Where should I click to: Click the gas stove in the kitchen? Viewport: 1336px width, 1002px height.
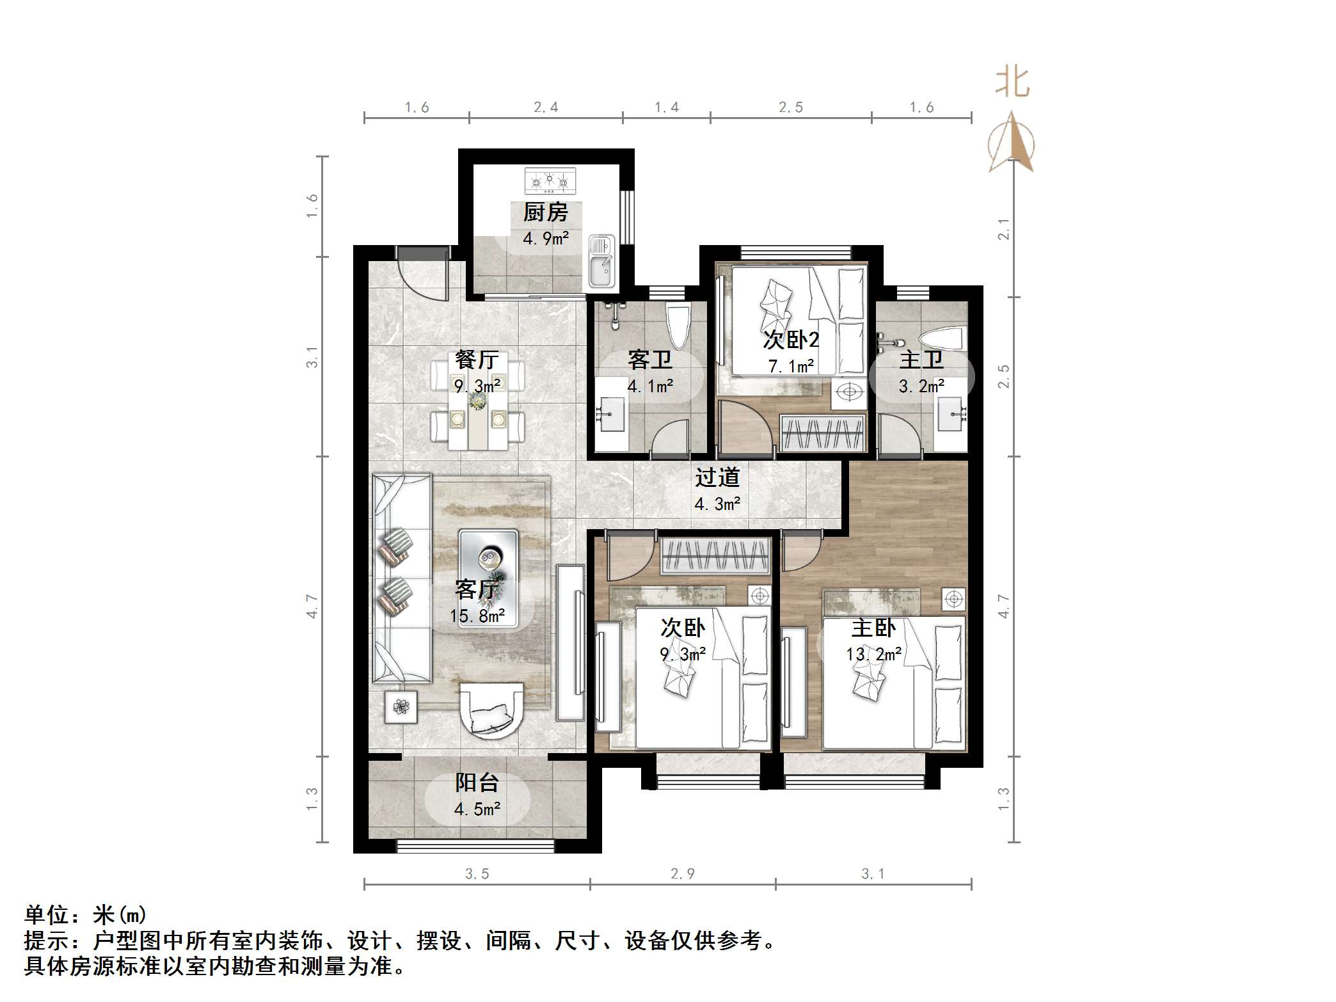point(550,181)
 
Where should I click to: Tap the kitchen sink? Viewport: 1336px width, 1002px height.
point(601,262)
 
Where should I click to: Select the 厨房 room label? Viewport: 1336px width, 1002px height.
point(545,212)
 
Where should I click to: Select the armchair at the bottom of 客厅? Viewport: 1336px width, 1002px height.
point(491,711)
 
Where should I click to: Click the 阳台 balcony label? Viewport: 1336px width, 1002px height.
point(477,783)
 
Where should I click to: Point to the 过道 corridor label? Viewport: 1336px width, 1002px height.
point(717,477)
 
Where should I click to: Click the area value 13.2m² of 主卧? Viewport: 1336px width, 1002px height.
point(873,655)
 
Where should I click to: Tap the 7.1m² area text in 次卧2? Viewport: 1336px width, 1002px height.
point(791,367)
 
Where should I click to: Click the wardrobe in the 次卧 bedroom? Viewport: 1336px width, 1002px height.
point(715,555)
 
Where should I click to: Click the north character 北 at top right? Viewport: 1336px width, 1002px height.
point(1012,83)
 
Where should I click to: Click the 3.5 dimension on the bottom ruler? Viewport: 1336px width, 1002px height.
point(477,874)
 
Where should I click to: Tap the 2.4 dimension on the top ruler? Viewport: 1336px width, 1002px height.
point(546,107)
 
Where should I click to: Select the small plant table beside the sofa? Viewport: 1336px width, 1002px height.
point(401,706)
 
